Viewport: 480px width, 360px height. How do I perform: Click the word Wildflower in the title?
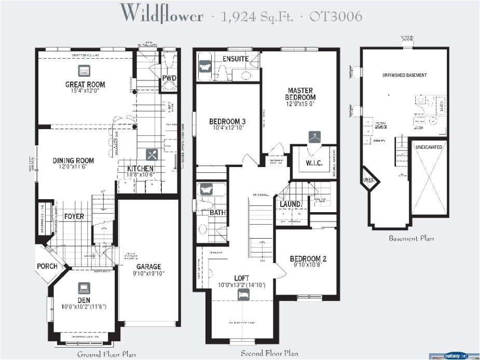[x=161, y=14]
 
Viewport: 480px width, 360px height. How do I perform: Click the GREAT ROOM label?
[x=85, y=84]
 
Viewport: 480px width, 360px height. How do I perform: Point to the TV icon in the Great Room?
[x=85, y=71]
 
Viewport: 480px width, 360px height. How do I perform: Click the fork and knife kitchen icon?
[x=152, y=154]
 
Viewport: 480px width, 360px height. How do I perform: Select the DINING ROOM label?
[x=73, y=161]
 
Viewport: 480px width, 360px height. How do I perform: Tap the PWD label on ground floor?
[x=169, y=78]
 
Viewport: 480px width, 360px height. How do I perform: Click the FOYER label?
[x=74, y=216]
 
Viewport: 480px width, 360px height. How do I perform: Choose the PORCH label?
[x=47, y=266]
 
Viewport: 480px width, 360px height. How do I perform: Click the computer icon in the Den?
[x=84, y=288]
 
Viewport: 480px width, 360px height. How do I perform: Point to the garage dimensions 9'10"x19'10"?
[x=149, y=274]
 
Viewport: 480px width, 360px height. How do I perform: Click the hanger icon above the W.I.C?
[x=314, y=137]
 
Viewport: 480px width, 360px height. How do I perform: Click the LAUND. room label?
[x=291, y=204]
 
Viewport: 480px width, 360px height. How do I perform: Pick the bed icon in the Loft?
[x=243, y=295]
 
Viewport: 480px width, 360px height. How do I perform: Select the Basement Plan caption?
[x=411, y=239]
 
